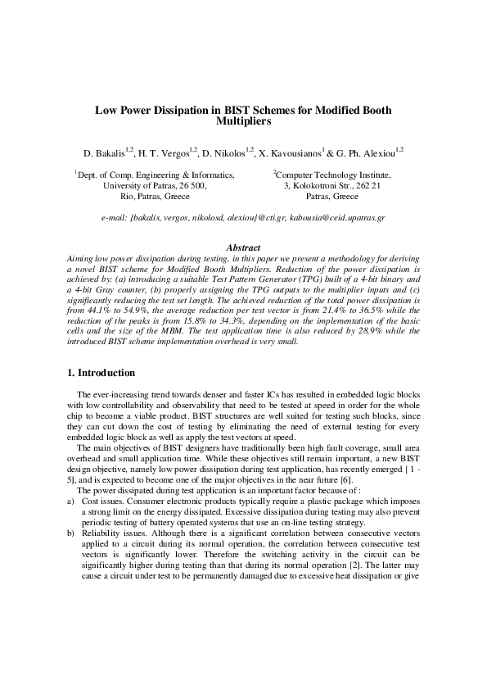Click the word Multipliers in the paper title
(243, 121)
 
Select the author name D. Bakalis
(104, 153)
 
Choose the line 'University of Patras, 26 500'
(155, 186)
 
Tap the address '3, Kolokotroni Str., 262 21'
(331, 186)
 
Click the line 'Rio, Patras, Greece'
(155, 197)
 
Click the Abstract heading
(242, 247)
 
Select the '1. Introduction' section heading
(101, 373)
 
